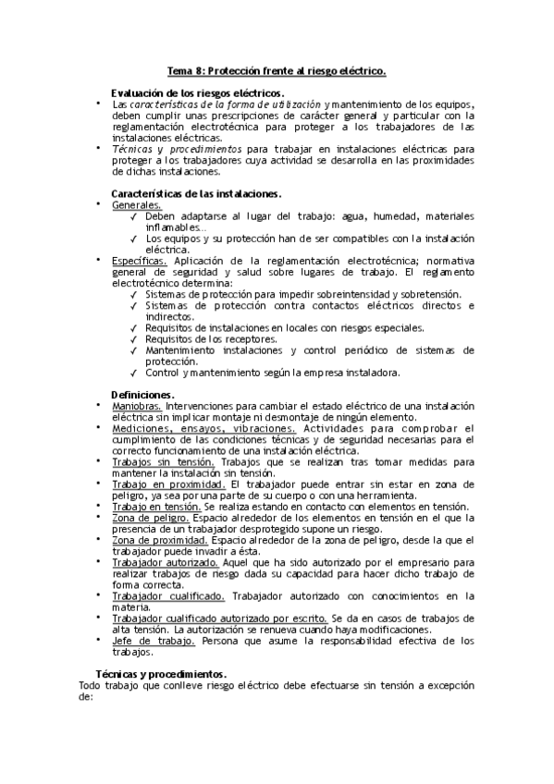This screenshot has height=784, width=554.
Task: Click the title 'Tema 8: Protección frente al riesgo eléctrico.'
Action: pyautogui.click(x=277, y=70)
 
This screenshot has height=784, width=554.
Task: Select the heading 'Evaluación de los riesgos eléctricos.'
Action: pyautogui.click(x=197, y=93)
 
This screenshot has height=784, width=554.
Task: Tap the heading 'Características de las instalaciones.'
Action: pyautogui.click(x=196, y=193)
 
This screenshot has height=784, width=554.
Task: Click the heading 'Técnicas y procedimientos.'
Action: pyautogui.click(x=162, y=674)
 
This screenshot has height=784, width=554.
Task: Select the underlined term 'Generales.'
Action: pyautogui.click(x=136, y=204)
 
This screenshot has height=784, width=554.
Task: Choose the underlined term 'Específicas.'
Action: pyautogui.click(x=140, y=261)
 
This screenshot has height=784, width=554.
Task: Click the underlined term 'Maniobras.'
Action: pyautogui.click(x=137, y=406)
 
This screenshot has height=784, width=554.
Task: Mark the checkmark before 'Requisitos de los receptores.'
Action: pyautogui.click(x=134, y=339)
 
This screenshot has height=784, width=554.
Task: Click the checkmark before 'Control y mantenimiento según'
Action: pyautogui.click(x=134, y=373)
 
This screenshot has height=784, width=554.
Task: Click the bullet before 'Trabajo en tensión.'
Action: pyautogui.click(x=99, y=506)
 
